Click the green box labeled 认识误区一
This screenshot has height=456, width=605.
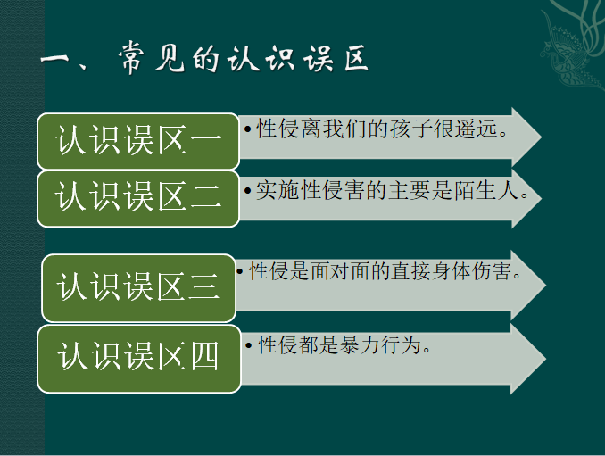pyautogui.click(x=138, y=141)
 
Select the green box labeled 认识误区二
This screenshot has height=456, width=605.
pyautogui.click(x=138, y=198)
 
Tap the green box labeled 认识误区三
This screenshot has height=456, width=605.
pyautogui.click(x=138, y=288)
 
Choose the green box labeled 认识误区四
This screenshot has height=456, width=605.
pyautogui.click(x=139, y=359)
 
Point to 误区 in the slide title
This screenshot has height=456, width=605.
pyautogui.click(x=336, y=59)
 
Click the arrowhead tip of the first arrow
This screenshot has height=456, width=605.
pyautogui.click(x=542, y=137)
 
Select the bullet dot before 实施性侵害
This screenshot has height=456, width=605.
pyautogui.click(x=248, y=191)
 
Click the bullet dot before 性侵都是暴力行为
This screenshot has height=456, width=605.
pyautogui.click(x=248, y=344)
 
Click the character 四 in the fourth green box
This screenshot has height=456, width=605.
pyautogui.click(x=204, y=356)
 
